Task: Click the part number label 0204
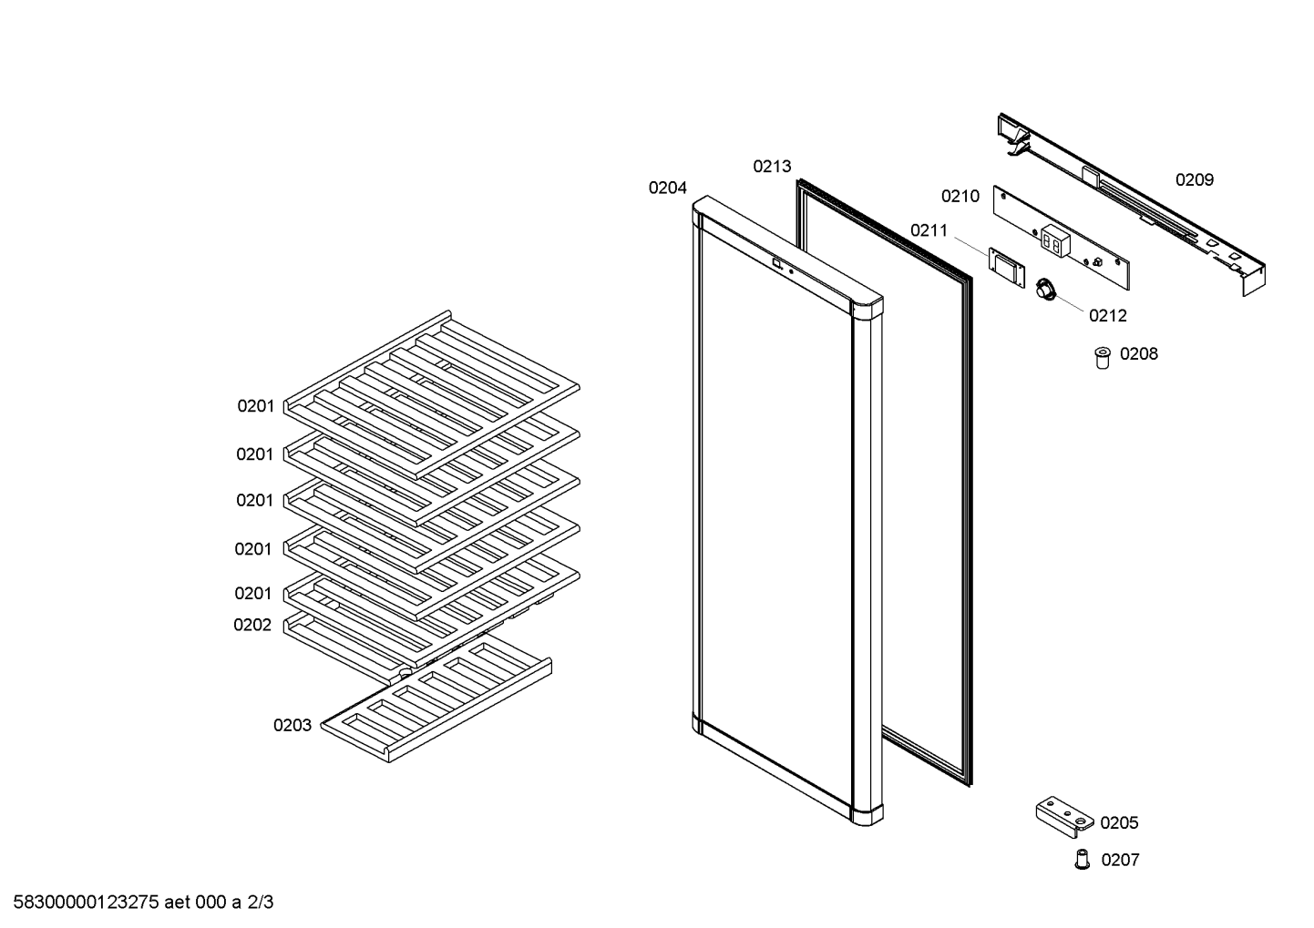point(667,188)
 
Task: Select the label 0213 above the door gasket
point(772,167)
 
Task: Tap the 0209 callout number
point(1195,180)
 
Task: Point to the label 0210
point(960,197)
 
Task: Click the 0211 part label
point(929,231)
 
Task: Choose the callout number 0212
point(1108,316)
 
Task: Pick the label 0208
point(1139,354)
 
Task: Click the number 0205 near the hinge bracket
point(1119,823)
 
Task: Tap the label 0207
point(1121,860)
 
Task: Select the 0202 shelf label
point(252,625)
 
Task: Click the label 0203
point(293,726)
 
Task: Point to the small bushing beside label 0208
point(1103,358)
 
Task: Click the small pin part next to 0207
point(1083,860)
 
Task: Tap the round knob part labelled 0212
point(1045,289)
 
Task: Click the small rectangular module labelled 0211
point(1007,268)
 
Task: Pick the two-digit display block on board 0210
point(1055,241)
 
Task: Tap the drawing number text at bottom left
point(143,903)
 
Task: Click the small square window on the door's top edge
point(776,264)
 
